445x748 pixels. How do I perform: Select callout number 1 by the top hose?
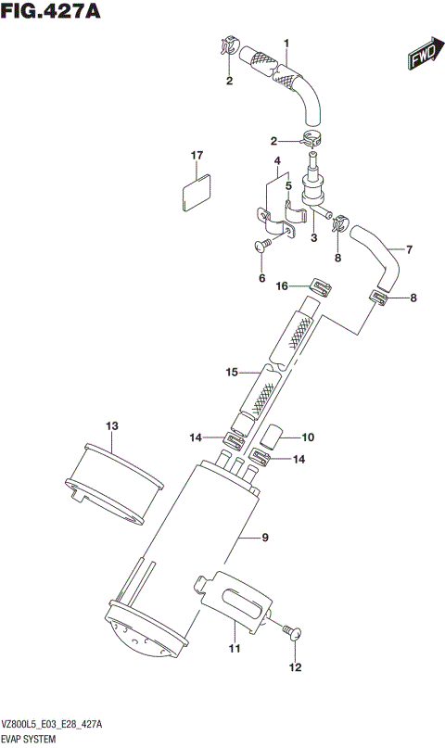[x=286, y=43]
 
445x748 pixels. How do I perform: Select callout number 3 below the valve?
[x=313, y=238]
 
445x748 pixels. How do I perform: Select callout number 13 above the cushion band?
[x=111, y=425]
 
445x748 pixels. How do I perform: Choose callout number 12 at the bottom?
[x=295, y=666]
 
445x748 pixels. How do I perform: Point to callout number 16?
[x=283, y=286]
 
